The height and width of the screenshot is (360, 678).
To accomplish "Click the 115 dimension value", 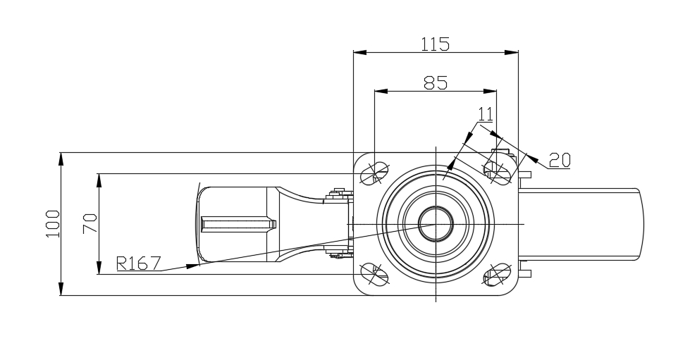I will click(x=435, y=44).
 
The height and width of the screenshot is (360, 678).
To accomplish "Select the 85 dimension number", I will click(x=435, y=82).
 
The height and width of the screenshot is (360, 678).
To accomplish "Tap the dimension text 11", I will click(x=485, y=113).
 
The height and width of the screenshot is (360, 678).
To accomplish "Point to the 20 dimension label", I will click(x=560, y=160).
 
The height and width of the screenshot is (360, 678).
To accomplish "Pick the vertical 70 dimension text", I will click(x=90, y=223).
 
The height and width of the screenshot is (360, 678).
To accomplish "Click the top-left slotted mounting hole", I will click(x=374, y=171).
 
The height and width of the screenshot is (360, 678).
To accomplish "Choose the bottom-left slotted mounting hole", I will click(x=374, y=274).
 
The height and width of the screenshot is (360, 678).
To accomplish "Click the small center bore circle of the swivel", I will click(x=435, y=224).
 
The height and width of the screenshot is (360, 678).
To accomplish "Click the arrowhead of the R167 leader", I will click(x=191, y=266).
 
